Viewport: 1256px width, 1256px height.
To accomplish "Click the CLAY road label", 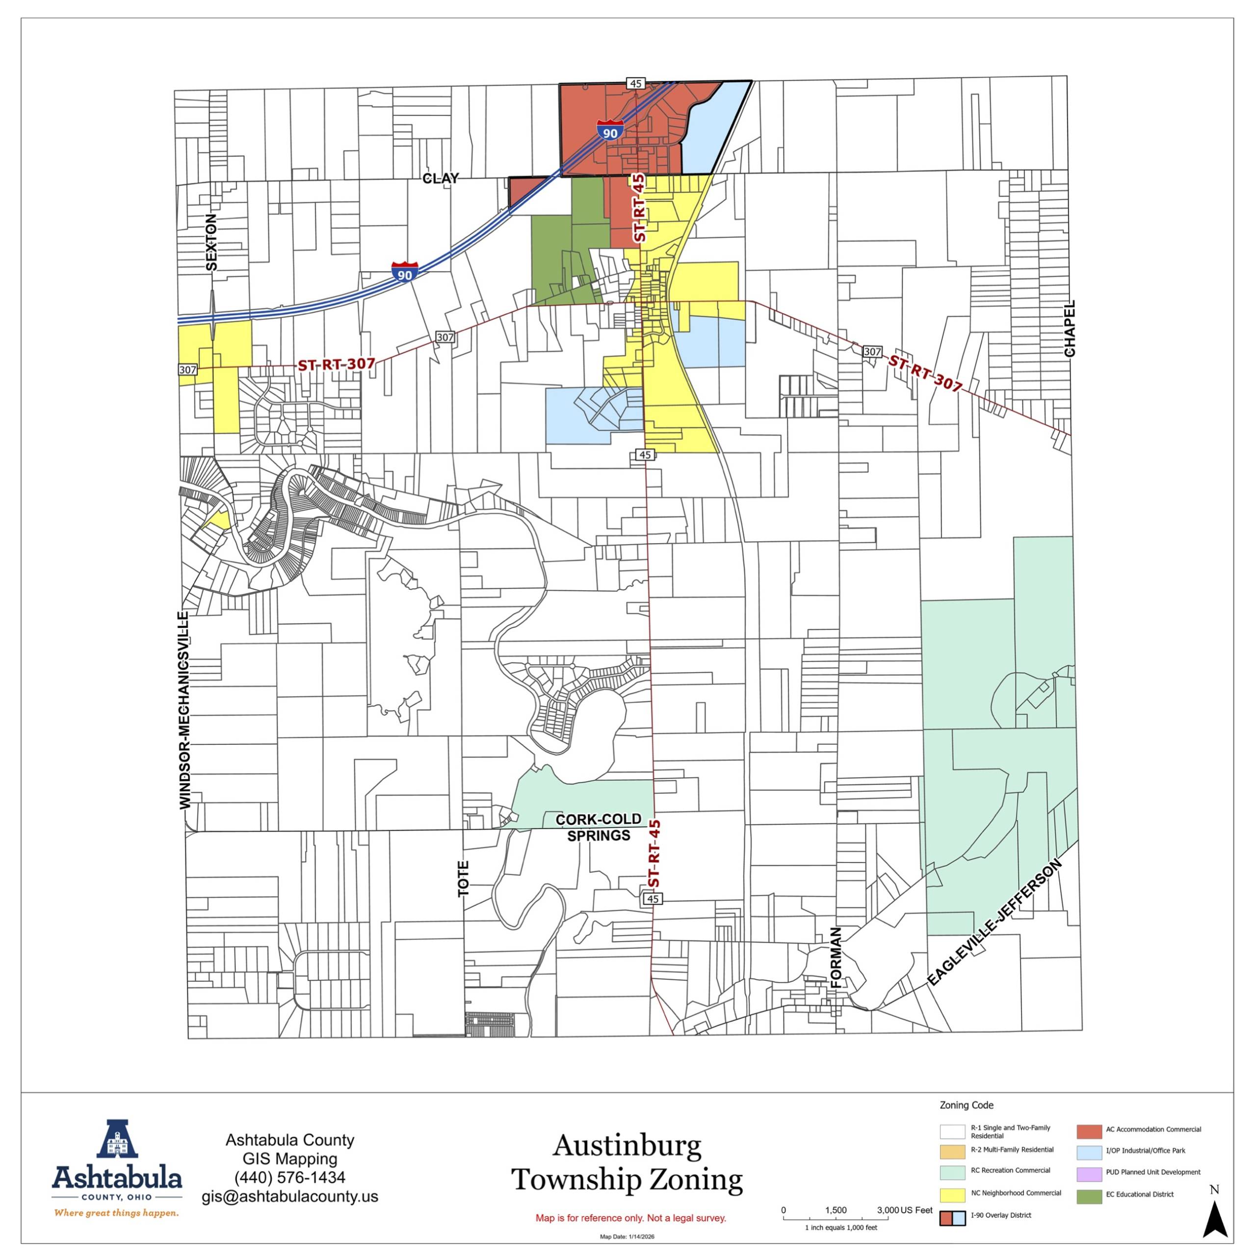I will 440,178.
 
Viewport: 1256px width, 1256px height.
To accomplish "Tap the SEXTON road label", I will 211,242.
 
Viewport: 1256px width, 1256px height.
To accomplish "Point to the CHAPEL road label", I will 1070,328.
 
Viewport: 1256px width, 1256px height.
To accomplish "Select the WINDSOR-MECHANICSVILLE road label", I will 185,710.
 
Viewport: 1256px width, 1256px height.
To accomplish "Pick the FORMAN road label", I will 836,958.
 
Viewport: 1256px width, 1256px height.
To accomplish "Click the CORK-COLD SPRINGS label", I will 598,827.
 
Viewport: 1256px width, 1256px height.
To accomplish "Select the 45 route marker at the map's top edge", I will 635,83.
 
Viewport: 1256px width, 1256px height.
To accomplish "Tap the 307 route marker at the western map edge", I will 187,369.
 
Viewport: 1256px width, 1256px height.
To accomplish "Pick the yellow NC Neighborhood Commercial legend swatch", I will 952,1195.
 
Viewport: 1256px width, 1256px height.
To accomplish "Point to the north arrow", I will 1214,1216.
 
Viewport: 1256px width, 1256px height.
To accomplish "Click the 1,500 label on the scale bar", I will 836,1210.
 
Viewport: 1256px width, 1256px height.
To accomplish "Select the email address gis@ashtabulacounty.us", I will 289,1196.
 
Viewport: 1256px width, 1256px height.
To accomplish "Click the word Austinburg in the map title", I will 627,1146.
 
